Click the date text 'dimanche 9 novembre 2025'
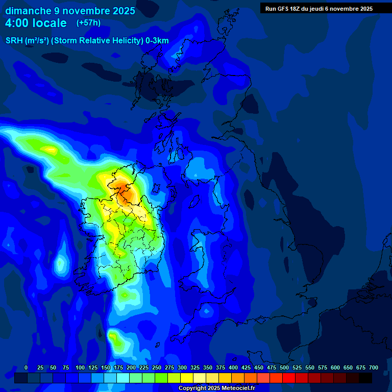70,11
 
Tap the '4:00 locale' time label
36,23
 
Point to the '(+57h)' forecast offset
88,23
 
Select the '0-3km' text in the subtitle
156,41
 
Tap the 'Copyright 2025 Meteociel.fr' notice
216,388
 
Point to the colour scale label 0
26,367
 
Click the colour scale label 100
80,367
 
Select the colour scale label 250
157,367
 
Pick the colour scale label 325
195,367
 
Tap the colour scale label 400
233,367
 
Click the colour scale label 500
284,367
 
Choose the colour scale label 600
335,367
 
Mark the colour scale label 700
374,367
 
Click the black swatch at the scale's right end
365,378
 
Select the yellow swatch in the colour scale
187,378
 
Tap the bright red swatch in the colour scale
289,378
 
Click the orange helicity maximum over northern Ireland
122,186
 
